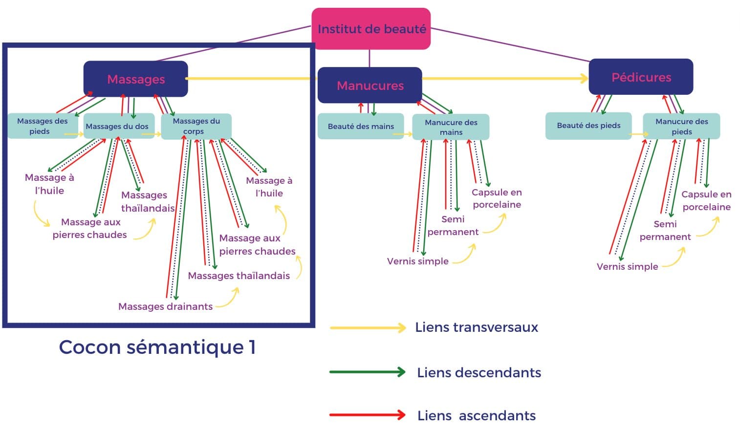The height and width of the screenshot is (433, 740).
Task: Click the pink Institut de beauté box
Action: click(x=371, y=29)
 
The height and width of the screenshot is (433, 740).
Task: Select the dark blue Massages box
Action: click(x=136, y=79)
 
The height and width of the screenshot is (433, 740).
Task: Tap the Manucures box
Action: click(x=370, y=86)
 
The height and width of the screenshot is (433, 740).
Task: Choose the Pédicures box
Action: click(x=641, y=77)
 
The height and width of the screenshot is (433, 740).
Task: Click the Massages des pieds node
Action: click(x=42, y=126)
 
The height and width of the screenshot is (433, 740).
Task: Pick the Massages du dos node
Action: click(x=117, y=126)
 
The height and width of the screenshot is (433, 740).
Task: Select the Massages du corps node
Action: click(x=196, y=126)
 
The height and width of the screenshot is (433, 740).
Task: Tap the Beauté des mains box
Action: click(x=361, y=126)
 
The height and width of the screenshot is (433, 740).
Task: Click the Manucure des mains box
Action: click(x=451, y=127)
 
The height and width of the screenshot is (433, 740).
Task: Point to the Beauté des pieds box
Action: click(x=588, y=126)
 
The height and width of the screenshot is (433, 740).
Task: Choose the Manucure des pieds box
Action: click(x=681, y=127)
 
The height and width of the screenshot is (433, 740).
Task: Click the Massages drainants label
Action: click(x=165, y=306)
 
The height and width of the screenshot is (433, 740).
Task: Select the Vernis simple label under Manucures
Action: click(x=417, y=261)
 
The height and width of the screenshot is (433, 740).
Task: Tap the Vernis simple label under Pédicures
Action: click(x=627, y=266)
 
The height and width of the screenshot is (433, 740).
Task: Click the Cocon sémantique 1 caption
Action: click(x=157, y=347)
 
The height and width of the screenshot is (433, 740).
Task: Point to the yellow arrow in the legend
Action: click(x=368, y=327)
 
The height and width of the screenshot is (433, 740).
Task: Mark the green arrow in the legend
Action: click(x=368, y=372)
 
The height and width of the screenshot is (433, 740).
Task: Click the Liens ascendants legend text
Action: click(x=476, y=415)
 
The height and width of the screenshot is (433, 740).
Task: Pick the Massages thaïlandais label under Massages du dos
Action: click(x=147, y=201)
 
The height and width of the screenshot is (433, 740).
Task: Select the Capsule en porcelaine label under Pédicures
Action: click(x=706, y=200)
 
